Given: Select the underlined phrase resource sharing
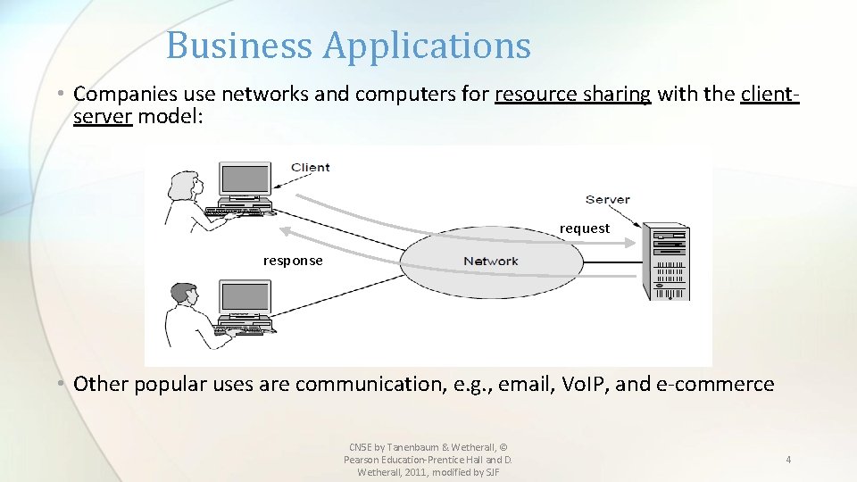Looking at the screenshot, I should [x=573, y=95].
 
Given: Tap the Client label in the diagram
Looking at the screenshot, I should [x=310, y=167].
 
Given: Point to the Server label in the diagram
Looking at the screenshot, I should [x=607, y=199].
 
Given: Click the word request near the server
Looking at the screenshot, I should [x=585, y=229].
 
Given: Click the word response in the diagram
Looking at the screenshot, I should [x=293, y=261].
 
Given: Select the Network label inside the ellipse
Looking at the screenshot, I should [x=490, y=261].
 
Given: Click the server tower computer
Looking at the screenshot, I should [x=669, y=262].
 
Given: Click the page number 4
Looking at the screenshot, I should [x=788, y=460].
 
